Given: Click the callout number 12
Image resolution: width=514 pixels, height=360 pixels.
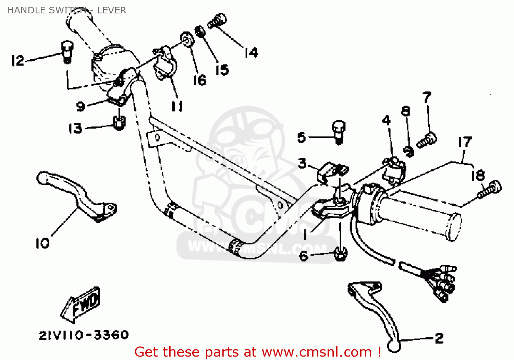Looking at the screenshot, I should tap(17, 61).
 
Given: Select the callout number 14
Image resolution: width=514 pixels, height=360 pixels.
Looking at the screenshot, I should tap(251, 53).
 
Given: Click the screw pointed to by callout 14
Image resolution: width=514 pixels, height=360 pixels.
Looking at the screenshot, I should tap(217, 21).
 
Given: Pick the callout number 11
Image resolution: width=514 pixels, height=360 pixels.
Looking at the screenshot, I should tap(177, 106).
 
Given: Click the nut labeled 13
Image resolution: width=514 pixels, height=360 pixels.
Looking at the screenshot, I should tap(119, 122).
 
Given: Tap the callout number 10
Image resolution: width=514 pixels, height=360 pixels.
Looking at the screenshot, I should tap(42, 243).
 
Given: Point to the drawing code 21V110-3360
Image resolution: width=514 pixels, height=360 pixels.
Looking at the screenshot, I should tap(84, 335).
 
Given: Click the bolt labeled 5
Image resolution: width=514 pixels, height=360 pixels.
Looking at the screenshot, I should tap(339, 132).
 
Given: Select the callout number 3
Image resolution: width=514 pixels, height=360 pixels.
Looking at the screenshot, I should tap(302, 163).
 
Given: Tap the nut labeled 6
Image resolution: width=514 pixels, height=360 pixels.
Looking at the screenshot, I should tap(340, 254).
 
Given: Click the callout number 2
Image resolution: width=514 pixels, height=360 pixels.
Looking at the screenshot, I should tap(439, 338).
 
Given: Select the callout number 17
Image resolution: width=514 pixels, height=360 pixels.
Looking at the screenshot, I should tap(465, 142).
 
